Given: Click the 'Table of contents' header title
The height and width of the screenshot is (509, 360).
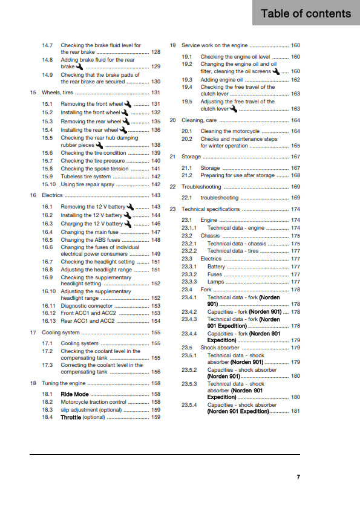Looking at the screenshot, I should [x=306, y=13].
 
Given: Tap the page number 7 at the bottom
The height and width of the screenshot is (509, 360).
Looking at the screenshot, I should [x=298, y=478].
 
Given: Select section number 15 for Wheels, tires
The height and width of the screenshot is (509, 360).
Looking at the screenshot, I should [x=33, y=92].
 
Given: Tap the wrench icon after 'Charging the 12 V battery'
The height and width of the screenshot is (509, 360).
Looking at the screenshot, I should [x=127, y=224].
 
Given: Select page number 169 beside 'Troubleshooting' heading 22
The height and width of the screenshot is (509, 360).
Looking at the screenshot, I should [x=295, y=187].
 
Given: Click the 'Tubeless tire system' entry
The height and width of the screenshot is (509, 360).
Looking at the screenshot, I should [x=85, y=177].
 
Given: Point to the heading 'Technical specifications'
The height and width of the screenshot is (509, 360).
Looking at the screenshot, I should [x=211, y=209].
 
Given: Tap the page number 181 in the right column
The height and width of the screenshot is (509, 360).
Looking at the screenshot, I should [x=295, y=411].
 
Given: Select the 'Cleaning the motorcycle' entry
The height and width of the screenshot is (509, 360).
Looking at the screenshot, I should [x=230, y=131].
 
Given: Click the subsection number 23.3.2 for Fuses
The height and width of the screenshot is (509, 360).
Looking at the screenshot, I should [x=189, y=274].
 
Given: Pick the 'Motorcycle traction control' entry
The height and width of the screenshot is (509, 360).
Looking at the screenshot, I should [x=93, y=401].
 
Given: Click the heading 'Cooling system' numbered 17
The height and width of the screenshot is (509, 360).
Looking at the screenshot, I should [x=61, y=332].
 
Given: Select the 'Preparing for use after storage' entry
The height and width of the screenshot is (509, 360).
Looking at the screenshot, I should [x=237, y=175].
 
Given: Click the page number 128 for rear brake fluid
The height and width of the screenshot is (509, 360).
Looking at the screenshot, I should [x=155, y=53].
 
